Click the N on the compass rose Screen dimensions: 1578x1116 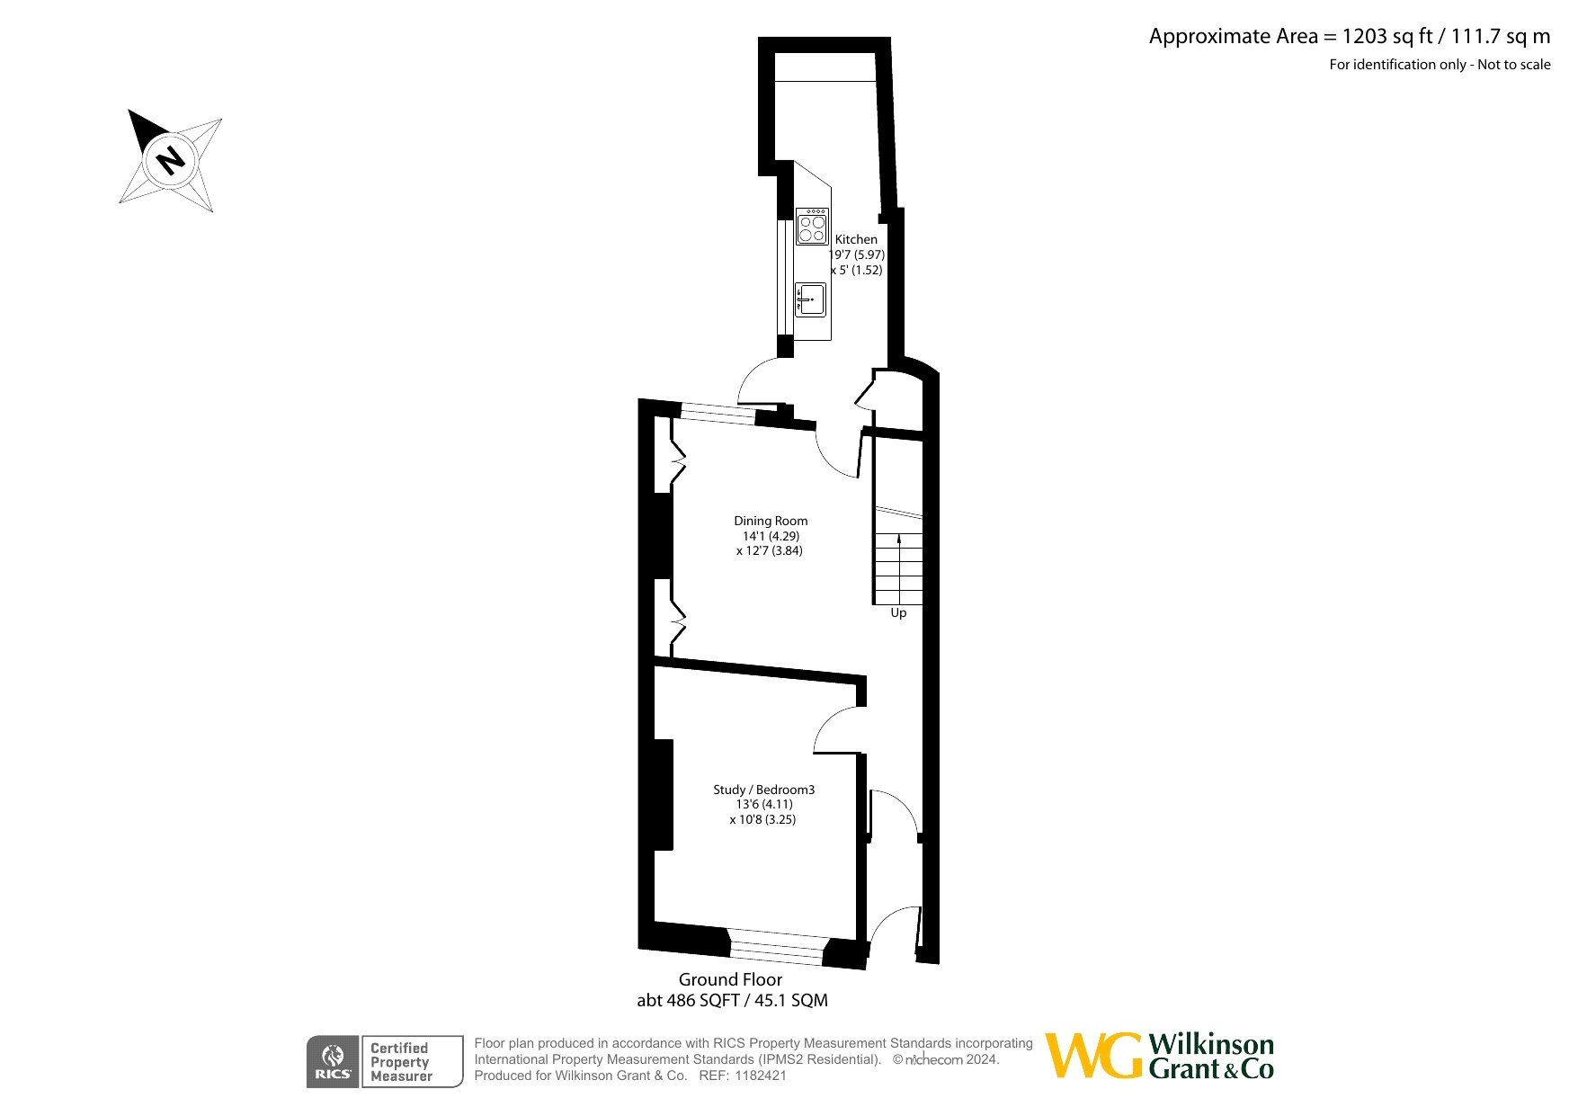(170, 159)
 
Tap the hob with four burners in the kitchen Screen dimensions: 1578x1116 (812, 227)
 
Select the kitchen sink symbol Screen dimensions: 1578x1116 (810, 299)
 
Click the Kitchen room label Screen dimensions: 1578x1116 (856, 239)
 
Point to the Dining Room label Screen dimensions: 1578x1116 (771, 521)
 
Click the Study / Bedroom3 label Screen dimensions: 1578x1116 (764, 790)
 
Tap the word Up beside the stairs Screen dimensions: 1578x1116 (898, 613)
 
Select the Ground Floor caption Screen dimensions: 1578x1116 (730, 979)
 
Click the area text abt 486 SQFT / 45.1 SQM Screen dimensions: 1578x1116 (732, 1000)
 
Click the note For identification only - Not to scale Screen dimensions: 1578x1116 (1440, 65)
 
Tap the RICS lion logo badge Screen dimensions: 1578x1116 (333, 1062)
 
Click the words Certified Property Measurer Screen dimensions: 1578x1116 (401, 1062)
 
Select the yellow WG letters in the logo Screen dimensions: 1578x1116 (1093, 1056)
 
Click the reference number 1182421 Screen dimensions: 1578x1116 (761, 1076)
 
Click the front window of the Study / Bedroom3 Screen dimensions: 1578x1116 (776, 947)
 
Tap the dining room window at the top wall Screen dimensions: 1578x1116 (718, 414)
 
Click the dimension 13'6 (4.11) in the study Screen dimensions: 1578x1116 (764, 805)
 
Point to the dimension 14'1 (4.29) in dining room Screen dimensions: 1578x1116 (771, 536)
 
